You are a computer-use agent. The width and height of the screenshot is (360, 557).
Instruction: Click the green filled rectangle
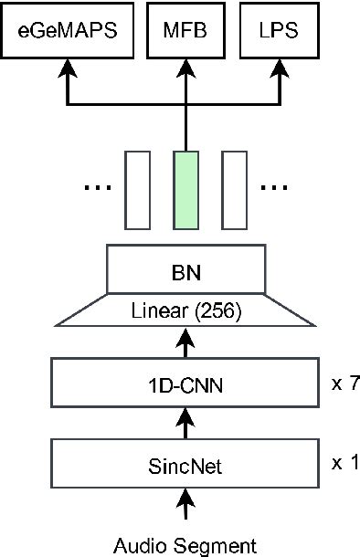pyautogui.click(x=186, y=189)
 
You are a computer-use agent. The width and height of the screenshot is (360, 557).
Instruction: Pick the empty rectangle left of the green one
pyautogui.click(x=138, y=189)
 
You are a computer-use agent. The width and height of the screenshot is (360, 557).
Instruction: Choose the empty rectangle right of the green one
pyautogui.click(x=236, y=189)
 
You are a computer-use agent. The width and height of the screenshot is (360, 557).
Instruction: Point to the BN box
pyautogui.click(x=187, y=270)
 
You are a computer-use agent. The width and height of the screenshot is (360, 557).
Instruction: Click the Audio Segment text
pyautogui.click(x=185, y=545)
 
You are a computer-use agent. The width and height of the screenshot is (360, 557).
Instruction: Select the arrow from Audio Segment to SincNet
pyautogui.click(x=186, y=508)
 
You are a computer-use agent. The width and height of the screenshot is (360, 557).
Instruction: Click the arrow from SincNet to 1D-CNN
pyautogui.click(x=186, y=425)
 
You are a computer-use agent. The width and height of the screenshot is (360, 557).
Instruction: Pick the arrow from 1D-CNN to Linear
pyautogui.click(x=186, y=345)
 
